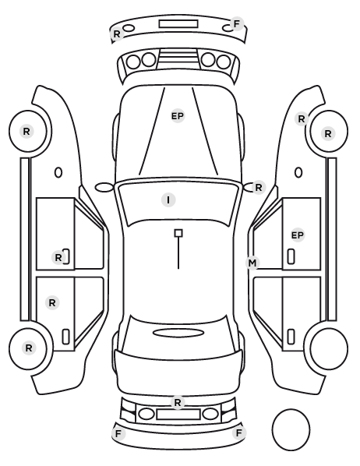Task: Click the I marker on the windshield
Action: click(x=168, y=199)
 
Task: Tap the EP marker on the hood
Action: click(x=178, y=116)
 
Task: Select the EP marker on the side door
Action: click(x=298, y=235)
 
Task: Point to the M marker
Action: click(x=252, y=263)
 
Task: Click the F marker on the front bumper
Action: click(x=237, y=24)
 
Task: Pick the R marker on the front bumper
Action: click(x=117, y=34)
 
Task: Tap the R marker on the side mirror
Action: click(x=259, y=188)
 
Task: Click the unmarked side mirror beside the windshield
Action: click(x=104, y=188)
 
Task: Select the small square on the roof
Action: click(x=178, y=233)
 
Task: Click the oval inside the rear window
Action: click(x=178, y=333)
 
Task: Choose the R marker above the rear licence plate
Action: click(x=178, y=403)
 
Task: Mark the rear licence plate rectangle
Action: click(x=178, y=414)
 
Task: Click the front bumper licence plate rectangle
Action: click(x=178, y=24)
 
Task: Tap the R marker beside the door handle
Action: click(x=58, y=257)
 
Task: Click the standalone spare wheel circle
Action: click(x=291, y=429)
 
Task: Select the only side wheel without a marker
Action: click(x=329, y=348)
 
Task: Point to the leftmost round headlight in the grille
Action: click(x=133, y=62)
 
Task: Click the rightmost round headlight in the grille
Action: click(x=224, y=62)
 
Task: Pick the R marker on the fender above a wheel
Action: click(x=302, y=119)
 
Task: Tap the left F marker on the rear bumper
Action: click(x=118, y=434)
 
